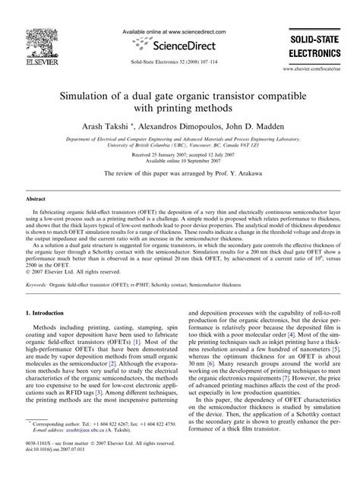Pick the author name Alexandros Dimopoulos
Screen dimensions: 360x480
click(x=181, y=126)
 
